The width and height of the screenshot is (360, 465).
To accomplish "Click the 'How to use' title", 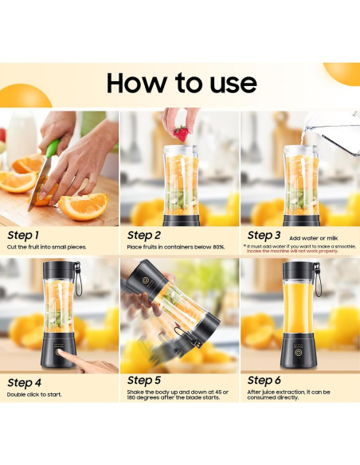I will click(182, 83).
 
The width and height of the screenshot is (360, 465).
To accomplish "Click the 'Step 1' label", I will click(22, 236).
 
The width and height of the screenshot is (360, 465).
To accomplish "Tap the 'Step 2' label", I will click(144, 236).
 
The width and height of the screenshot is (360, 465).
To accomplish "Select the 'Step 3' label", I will click(264, 236).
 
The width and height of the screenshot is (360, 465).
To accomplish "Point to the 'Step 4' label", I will click(24, 383).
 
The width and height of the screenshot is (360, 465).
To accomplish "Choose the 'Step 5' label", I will click(144, 381).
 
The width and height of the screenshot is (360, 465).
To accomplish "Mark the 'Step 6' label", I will click(264, 381).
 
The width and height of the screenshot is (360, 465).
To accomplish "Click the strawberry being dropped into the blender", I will click(182, 132).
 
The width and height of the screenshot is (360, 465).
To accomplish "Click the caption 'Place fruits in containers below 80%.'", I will click(176, 248).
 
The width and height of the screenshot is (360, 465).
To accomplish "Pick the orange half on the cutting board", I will click(83, 207).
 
